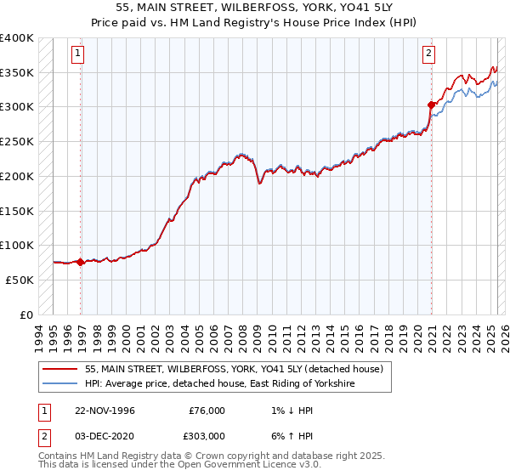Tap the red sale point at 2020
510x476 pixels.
432,105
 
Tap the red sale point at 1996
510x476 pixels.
81,262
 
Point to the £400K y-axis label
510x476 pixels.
17,38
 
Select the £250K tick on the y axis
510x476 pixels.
17,142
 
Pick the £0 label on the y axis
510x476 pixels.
25,314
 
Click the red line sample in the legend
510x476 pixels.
60,370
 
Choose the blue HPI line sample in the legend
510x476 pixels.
60,384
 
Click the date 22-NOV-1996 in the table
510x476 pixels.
105,410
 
